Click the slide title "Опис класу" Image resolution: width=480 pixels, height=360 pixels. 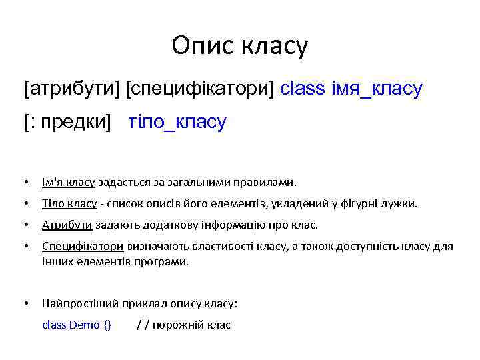coord(239,46)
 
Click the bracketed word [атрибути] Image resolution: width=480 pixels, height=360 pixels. coord(72,89)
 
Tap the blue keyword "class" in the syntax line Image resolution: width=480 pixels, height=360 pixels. coord(303,89)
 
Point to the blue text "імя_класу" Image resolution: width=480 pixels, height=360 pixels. coord(376,89)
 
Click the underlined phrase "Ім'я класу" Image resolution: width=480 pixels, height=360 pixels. coord(70,182)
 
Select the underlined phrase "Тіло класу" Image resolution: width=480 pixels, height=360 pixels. coord(70,203)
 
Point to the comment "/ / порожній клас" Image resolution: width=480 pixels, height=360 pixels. coord(183,325)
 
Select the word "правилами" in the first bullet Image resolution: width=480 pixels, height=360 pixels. coord(271,182)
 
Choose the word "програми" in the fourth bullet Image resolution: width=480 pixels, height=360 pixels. coord(163,261)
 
